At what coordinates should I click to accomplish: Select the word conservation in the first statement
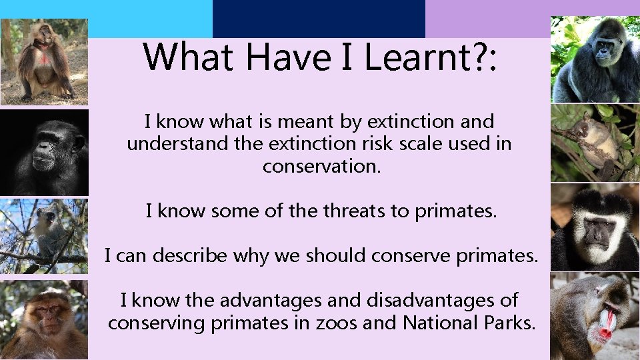[x=321, y=166]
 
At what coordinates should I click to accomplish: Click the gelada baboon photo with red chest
[x=44, y=62]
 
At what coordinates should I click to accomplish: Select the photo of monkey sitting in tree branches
[x=44, y=236]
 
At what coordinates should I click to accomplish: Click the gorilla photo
[x=595, y=59]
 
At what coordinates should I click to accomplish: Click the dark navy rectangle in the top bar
[x=319, y=18]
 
